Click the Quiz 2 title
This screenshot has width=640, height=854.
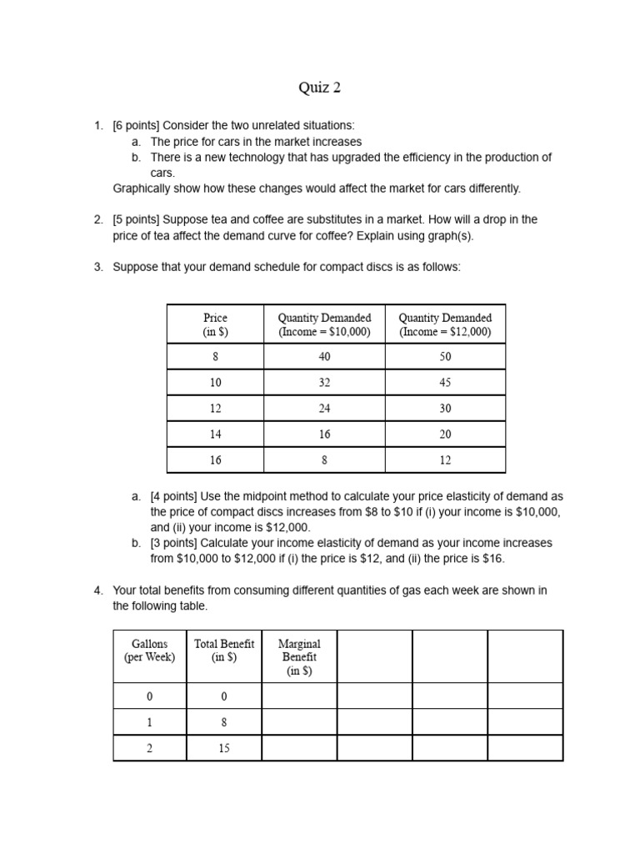(320, 88)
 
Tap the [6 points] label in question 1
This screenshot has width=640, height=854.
(136, 126)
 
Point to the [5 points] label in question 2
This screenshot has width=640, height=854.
(136, 220)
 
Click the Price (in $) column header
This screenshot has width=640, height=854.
(215, 324)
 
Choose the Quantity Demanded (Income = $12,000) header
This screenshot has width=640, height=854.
(445, 324)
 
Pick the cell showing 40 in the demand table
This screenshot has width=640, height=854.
(324, 357)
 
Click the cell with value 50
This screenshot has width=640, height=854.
(445, 357)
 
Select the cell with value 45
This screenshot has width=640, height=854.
(445, 383)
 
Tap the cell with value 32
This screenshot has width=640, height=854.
(324, 383)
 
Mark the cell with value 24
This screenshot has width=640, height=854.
(324, 409)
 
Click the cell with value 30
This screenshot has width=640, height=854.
(445, 409)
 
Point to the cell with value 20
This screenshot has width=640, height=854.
(445, 435)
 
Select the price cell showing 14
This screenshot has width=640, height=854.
(215, 435)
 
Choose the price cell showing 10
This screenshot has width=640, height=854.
(215, 383)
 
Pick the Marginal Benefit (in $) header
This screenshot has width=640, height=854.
(298, 657)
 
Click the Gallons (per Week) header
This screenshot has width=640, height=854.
(149, 651)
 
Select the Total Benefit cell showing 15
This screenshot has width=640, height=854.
(223, 748)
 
